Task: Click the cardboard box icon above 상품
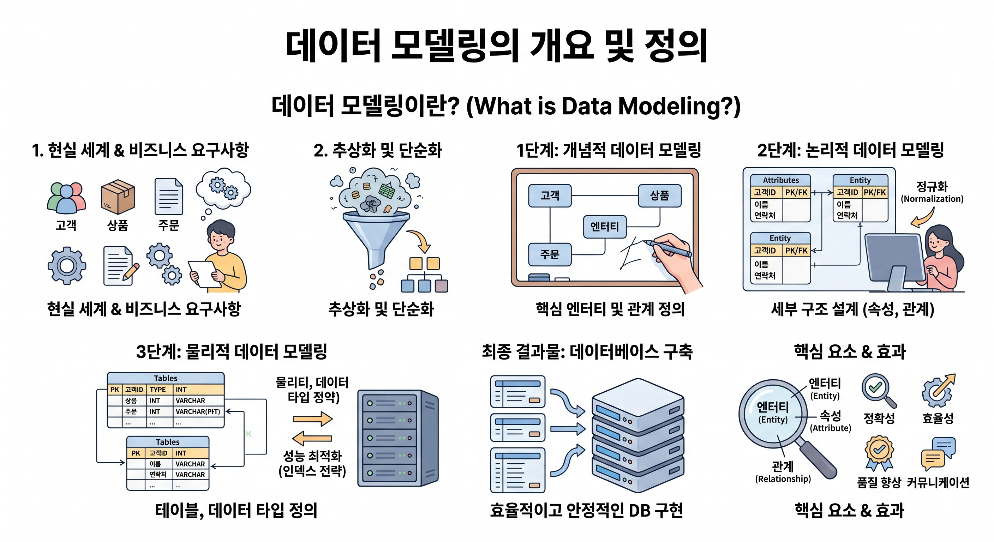point(118,197)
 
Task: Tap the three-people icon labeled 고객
point(66,198)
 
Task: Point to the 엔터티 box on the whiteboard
point(605,227)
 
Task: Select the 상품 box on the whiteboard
point(659,195)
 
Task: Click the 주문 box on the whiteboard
point(550,254)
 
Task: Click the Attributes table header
point(780,180)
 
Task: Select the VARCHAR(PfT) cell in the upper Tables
point(198,411)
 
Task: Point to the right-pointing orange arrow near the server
point(312,418)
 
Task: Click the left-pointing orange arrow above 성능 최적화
point(312,438)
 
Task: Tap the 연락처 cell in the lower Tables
point(158,475)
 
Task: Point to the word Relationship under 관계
point(783,479)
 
